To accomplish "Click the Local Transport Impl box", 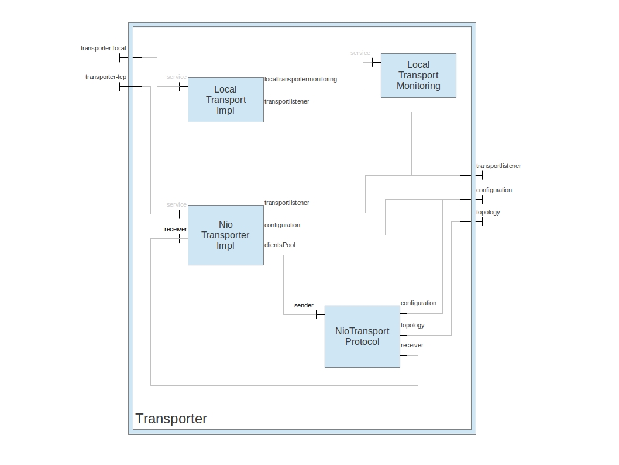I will (225, 100).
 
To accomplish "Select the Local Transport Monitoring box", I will (418, 76).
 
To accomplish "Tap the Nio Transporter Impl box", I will (225, 235).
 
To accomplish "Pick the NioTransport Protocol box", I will (362, 336).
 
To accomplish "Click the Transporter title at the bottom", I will (171, 419).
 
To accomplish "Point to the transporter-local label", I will (104, 48).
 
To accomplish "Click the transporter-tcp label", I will (106, 77).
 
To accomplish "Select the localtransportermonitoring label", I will (301, 79).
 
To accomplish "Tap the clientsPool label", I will (280, 245).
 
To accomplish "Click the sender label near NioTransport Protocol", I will (304, 305).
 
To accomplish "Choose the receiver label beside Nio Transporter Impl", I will (176, 229).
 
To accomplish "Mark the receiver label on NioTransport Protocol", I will (412, 345).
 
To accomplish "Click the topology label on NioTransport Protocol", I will (412, 325).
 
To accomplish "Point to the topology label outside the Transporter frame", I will (488, 212).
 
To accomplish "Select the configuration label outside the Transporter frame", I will (494, 190).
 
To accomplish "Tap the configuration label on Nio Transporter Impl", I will (282, 225).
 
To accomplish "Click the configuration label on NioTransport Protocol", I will (418, 303).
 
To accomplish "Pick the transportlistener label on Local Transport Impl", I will (287, 101).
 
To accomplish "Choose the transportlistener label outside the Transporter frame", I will (498, 166).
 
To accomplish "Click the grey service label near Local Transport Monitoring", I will (360, 53).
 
